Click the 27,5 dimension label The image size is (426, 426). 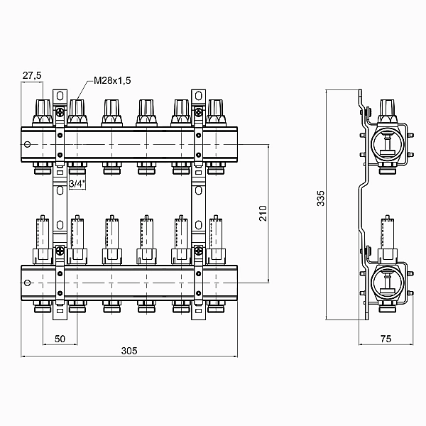click(x=32, y=75)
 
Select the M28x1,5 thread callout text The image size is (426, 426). click(x=112, y=80)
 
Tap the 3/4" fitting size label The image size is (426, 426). click(x=77, y=184)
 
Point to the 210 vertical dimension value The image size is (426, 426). click(x=263, y=213)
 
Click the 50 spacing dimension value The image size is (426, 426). click(x=60, y=339)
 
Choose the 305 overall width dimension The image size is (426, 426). click(x=129, y=351)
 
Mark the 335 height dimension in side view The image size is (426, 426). click(x=321, y=198)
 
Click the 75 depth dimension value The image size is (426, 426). click(x=386, y=339)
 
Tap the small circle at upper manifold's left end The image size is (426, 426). click(x=27, y=144)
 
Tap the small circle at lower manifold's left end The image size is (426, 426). click(x=27, y=283)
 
